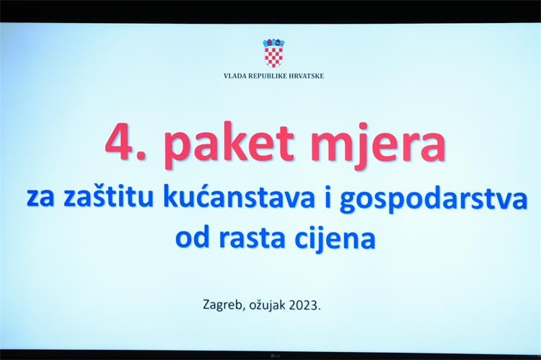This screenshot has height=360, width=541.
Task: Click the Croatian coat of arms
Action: point(273,53)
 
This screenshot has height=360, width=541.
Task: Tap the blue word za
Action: point(40,199)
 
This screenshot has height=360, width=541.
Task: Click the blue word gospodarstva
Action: point(434,198)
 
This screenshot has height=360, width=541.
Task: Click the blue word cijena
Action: point(335,238)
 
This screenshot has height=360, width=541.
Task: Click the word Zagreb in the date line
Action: point(223,305)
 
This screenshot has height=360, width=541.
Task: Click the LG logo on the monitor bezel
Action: point(275,356)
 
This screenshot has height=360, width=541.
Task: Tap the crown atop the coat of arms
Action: point(273,43)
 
